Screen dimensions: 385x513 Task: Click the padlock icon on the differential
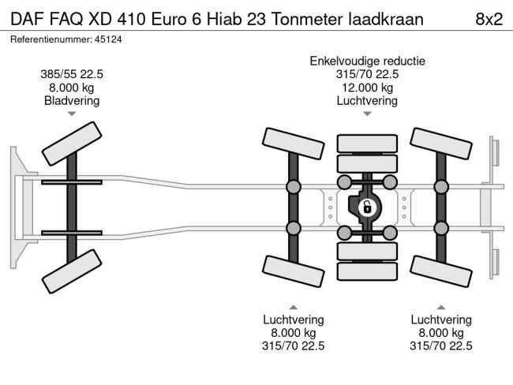pyautogui.click(x=366, y=208)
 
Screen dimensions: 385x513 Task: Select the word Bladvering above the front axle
pyautogui.click(x=72, y=101)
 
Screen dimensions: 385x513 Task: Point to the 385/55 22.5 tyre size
pyautogui.click(x=72, y=74)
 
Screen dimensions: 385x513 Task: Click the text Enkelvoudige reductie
pyautogui.click(x=367, y=61)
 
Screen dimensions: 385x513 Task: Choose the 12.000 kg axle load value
pyautogui.click(x=367, y=88)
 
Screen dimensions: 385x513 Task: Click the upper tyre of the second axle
pyautogui.click(x=292, y=140)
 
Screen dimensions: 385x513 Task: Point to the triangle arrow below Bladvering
pyautogui.click(x=72, y=114)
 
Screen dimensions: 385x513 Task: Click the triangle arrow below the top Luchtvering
pyautogui.click(x=367, y=114)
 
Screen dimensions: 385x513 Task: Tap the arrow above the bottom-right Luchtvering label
pyautogui.click(x=441, y=307)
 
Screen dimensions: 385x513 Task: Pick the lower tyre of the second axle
pyautogui.click(x=292, y=275)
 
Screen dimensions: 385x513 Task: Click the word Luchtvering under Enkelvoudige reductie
pyautogui.click(x=367, y=101)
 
